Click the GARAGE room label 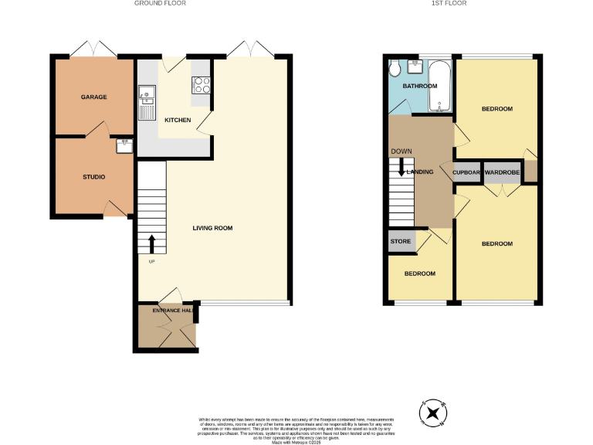point(93,97)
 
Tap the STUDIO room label point(93,177)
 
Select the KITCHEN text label point(178,120)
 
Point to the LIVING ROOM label point(212,228)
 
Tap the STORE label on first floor point(401,242)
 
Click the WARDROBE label point(502,172)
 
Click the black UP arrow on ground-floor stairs point(151,244)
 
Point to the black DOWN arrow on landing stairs point(402,168)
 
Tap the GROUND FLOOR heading point(160,4)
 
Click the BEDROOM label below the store point(419,273)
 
